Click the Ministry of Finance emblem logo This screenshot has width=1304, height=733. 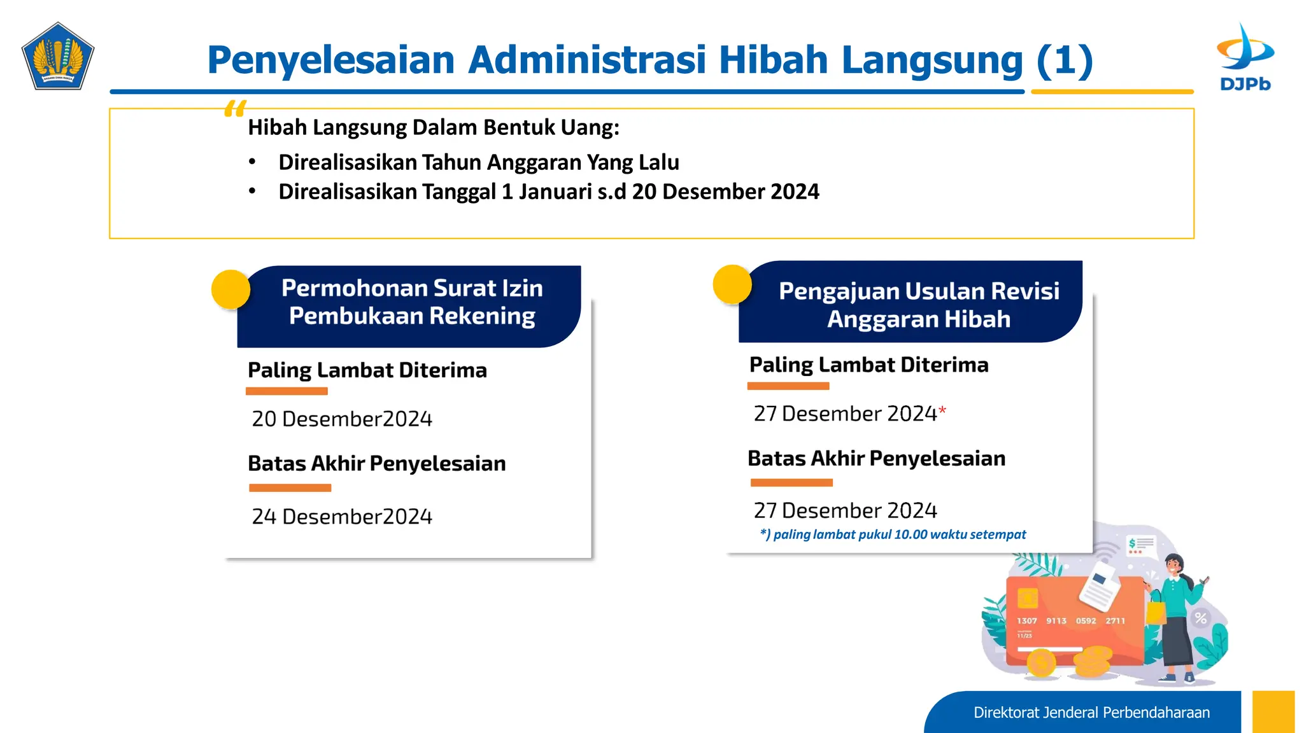tap(58, 57)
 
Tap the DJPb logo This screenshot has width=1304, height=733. tap(1245, 58)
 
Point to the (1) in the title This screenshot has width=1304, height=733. tap(1065, 60)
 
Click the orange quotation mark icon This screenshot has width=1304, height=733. tap(235, 109)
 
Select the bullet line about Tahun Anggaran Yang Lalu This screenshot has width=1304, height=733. tap(478, 162)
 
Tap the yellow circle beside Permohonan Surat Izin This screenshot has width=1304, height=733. tap(230, 290)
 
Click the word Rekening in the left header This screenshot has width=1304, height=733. tap(483, 316)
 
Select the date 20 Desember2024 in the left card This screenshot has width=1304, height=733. tap(342, 419)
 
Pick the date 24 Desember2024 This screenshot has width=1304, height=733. tap(342, 516)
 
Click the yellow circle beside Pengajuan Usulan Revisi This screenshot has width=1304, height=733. tap(732, 284)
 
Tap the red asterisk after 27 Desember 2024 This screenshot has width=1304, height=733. tap(942, 411)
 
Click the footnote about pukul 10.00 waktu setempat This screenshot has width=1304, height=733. tap(893, 534)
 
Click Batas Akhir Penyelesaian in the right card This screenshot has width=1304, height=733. tap(876, 458)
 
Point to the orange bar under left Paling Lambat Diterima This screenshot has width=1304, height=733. tap(287, 391)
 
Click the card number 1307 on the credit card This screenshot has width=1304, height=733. tap(1026, 620)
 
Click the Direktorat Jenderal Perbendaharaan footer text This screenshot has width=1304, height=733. tap(1091, 713)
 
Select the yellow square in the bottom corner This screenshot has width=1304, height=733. tap(1273, 712)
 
